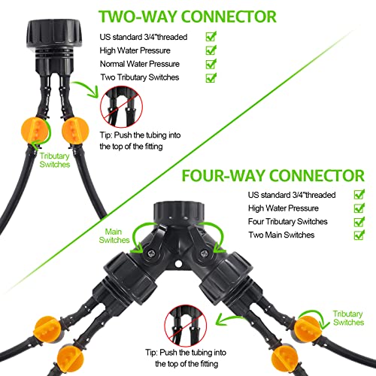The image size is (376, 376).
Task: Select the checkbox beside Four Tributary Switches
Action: click(x=359, y=222)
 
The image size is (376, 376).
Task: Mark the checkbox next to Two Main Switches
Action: click(x=359, y=236)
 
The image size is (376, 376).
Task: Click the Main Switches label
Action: click(x=115, y=236)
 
